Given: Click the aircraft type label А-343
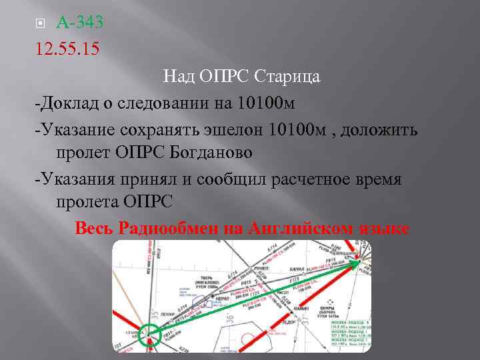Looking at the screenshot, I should pyautogui.click(x=80, y=23).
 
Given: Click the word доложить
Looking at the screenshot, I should pyautogui.click(x=380, y=129).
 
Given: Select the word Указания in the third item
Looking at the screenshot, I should pyautogui.click(x=74, y=178).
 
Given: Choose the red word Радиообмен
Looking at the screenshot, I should pyautogui.click(x=169, y=228).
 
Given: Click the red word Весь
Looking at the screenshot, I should pyautogui.click(x=95, y=228).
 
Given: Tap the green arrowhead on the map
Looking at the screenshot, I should pyautogui.click(x=357, y=263).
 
